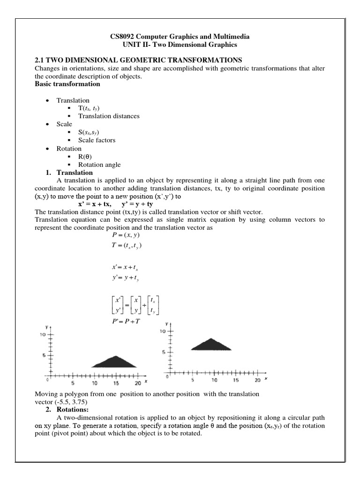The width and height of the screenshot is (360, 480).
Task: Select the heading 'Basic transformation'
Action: (x=67, y=84)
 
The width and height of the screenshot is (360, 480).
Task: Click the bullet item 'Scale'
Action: (x=64, y=124)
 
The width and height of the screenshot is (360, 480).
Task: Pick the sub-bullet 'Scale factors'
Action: (x=97, y=140)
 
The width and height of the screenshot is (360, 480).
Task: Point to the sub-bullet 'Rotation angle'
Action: (x=99, y=165)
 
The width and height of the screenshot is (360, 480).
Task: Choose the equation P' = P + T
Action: (x=123, y=321)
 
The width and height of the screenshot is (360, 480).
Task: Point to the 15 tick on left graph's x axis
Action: (x=117, y=383)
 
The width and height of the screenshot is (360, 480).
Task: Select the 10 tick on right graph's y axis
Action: (x=163, y=331)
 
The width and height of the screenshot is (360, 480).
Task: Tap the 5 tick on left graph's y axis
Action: (x=43, y=355)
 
